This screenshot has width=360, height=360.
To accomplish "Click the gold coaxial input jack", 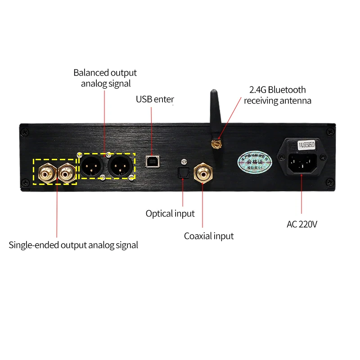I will click(x=202, y=171).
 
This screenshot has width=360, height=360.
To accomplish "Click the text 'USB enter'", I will click(x=155, y=99).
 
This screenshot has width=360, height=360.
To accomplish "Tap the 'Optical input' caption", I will click(x=170, y=213).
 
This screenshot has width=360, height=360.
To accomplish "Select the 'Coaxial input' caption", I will click(x=209, y=236).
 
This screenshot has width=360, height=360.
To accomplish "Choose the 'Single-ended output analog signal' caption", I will click(x=73, y=245).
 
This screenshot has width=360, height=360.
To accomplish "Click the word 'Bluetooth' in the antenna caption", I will click(x=287, y=90).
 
